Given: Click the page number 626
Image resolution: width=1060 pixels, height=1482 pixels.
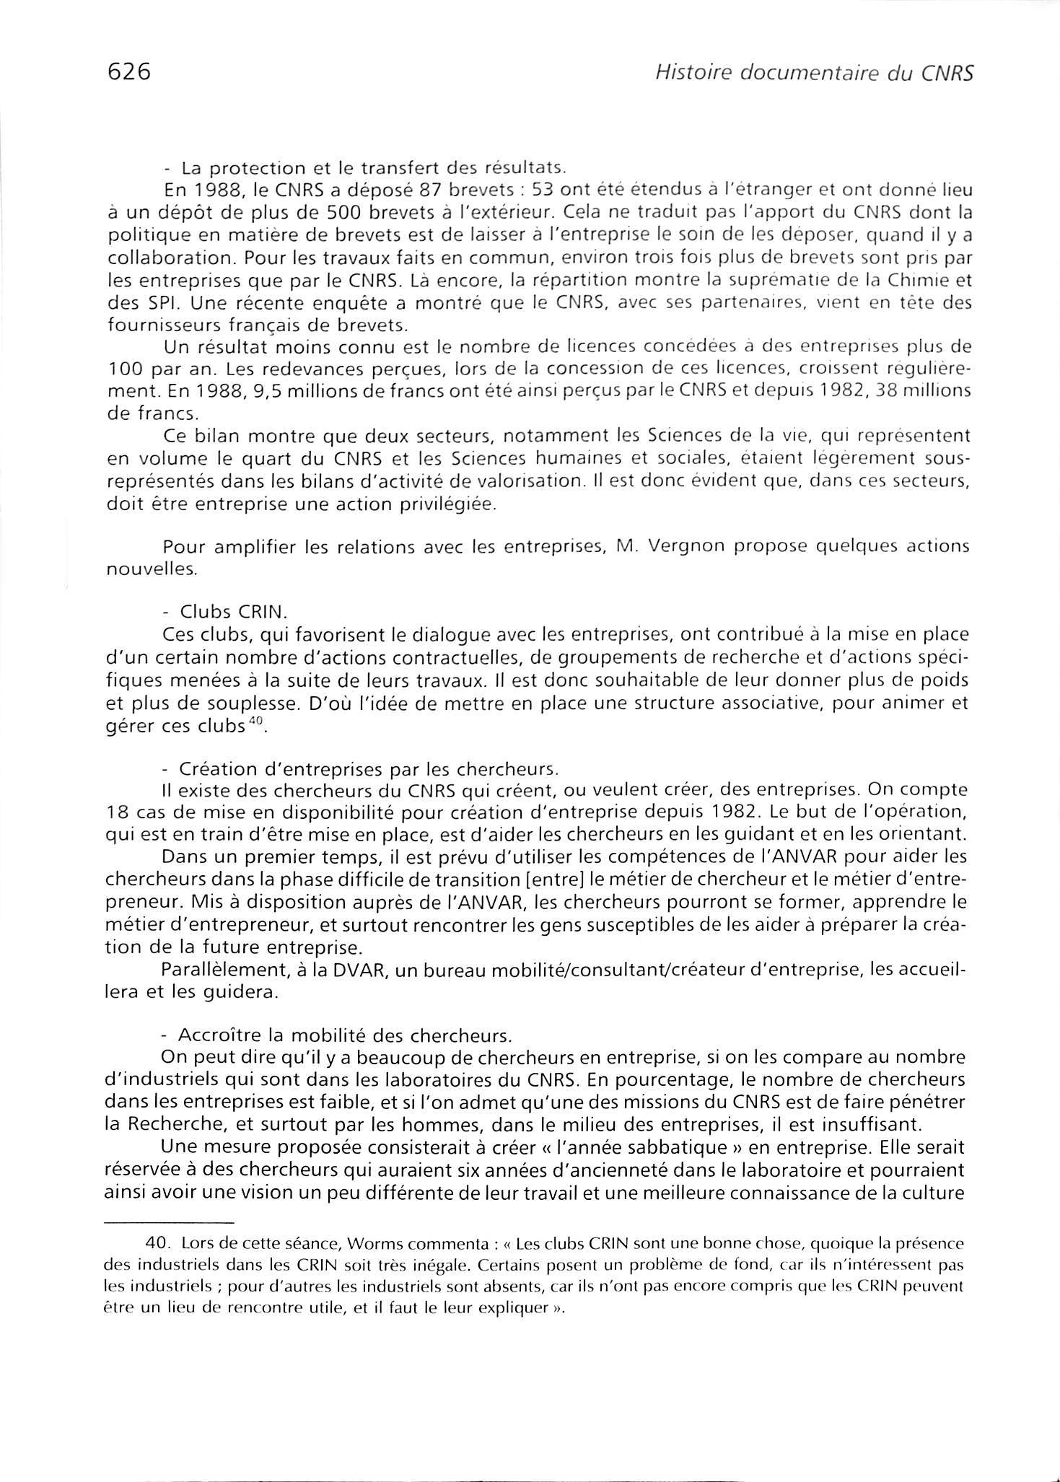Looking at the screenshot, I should click(128, 72).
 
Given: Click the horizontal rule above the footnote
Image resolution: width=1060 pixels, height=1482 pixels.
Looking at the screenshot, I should click(170, 1223).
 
